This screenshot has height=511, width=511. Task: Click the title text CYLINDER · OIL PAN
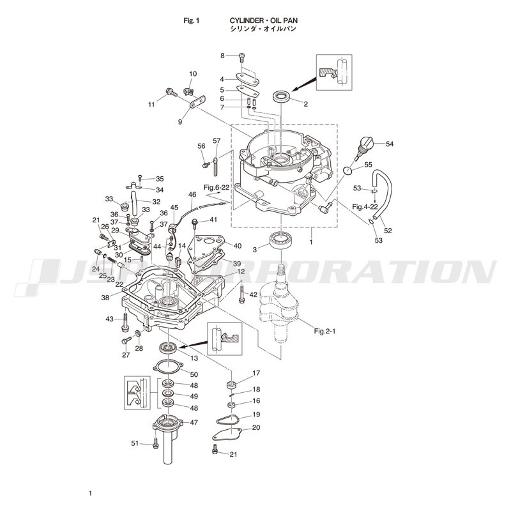coord(263,20)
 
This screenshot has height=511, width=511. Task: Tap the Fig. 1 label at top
coord(191,20)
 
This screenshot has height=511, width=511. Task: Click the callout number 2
coord(305,104)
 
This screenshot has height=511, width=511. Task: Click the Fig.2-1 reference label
coord(324,331)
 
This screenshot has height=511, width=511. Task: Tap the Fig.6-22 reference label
coord(217,187)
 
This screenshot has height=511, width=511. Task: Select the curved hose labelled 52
coord(384,194)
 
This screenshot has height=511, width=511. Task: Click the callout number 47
coord(194,422)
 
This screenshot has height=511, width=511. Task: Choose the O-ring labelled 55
coord(348,170)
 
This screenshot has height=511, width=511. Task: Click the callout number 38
coord(105,298)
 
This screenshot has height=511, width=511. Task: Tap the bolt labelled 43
coord(125,323)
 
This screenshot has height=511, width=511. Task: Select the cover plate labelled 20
coord(227,434)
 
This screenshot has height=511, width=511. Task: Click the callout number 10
coord(193,74)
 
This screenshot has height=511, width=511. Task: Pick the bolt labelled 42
coord(241,293)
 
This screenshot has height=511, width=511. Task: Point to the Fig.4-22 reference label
coord(365,206)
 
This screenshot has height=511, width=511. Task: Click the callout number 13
coord(194,358)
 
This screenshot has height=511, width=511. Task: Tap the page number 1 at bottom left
coord(90,493)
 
